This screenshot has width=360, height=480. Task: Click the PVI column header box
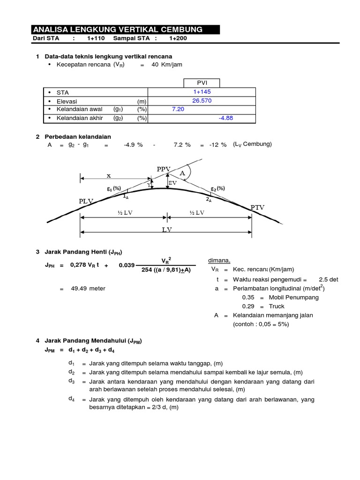[202, 83]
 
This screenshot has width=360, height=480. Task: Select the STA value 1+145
[202, 92]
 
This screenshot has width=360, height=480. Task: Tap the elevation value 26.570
[202, 101]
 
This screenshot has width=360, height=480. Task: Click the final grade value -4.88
[225, 118]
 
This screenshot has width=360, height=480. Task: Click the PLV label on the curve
[86, 201]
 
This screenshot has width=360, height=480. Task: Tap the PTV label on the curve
[257, 207]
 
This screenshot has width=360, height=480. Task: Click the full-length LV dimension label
[167, 230]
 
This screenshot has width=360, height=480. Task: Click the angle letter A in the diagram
[182, 173]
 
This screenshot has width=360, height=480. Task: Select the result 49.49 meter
[88, 289]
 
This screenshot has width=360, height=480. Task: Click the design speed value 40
[155, 65]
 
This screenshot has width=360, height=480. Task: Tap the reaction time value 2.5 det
[328, 279]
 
